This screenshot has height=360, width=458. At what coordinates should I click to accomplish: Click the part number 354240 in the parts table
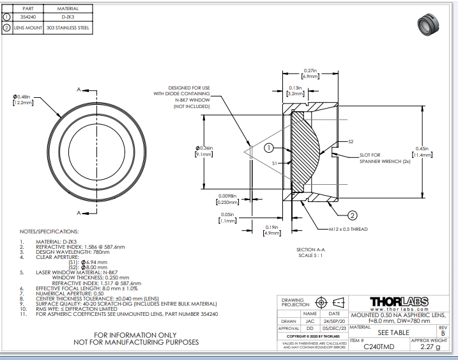click(28, 17)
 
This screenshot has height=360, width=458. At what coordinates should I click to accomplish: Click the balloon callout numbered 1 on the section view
click(269, 148)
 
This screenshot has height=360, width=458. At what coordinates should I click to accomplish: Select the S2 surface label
click(351, 141)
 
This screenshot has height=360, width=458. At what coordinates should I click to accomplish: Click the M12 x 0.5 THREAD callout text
click(349, 229)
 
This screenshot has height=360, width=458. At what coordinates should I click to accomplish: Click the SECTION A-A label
click(311, 249)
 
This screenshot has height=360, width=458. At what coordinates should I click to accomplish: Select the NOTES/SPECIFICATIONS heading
click(50, 231)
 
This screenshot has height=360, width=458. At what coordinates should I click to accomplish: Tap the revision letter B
click(443, 333)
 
